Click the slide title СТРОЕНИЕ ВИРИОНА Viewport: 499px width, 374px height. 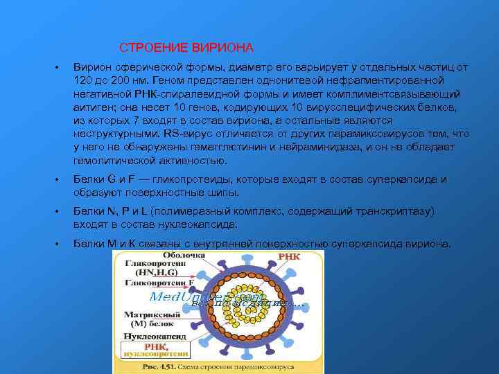point(186,48)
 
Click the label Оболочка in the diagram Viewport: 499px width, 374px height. point(149,256)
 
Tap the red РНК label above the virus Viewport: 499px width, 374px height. point(289,256)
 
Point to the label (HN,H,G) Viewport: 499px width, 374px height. point(152,273)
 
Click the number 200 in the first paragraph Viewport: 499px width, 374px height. point(125,80)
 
